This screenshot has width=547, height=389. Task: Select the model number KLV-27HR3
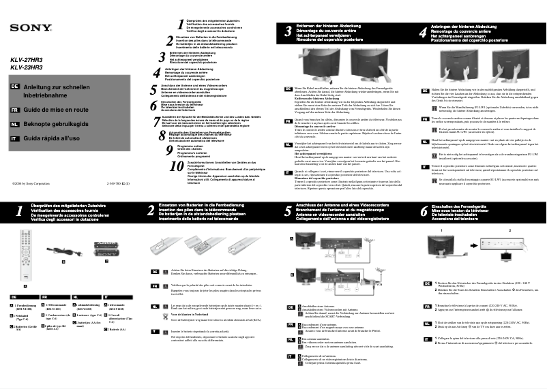coord(27,61)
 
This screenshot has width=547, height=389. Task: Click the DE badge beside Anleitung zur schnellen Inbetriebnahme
coord(14,87)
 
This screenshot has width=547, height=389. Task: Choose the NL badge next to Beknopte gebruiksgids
coord(14,125)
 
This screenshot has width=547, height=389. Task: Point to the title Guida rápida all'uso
coord(53,139)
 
